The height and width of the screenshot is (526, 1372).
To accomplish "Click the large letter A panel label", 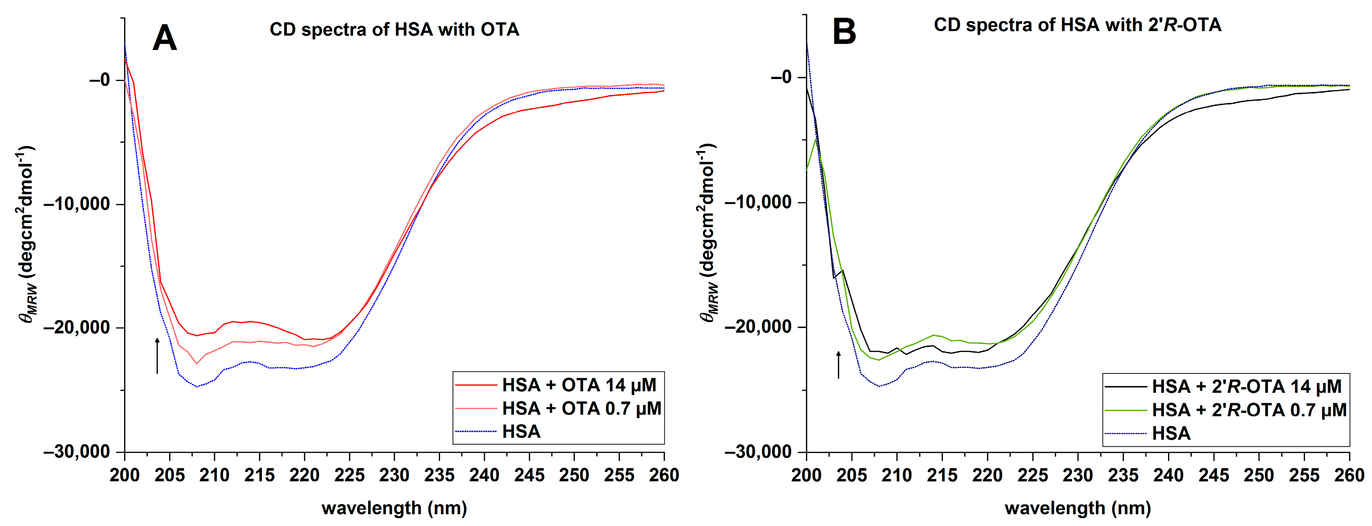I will (164, 38).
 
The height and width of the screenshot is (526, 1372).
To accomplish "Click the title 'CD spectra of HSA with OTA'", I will (394, 29).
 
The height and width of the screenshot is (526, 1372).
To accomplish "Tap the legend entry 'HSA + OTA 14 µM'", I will (579, 385).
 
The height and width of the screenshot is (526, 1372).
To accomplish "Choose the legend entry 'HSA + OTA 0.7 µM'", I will (581, 408).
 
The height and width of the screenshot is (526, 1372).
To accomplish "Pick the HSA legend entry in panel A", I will (521, 431).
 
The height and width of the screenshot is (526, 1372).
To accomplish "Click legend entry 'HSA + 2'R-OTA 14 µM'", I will (1246, 386).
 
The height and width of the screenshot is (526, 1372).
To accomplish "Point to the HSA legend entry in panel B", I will (1171, 433).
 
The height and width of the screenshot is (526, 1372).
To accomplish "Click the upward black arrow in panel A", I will (157, 355).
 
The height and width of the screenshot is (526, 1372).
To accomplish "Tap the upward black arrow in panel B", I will (838, 364).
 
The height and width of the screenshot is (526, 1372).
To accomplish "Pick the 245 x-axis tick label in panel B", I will (1214, 475).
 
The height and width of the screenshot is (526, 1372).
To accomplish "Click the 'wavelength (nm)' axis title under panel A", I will (394, 508).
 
